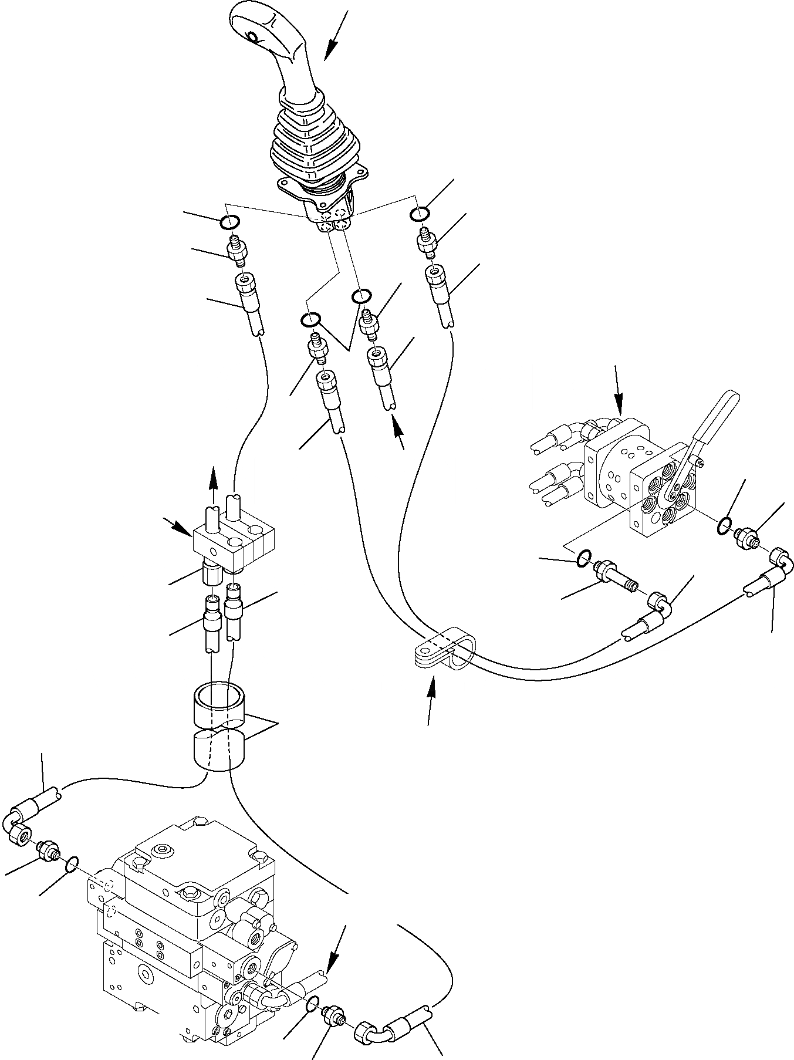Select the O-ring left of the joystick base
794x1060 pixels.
[x=229, y=222]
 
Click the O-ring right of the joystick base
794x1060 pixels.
[x=420, y=215]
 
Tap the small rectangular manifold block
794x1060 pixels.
[x=232, y=536]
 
